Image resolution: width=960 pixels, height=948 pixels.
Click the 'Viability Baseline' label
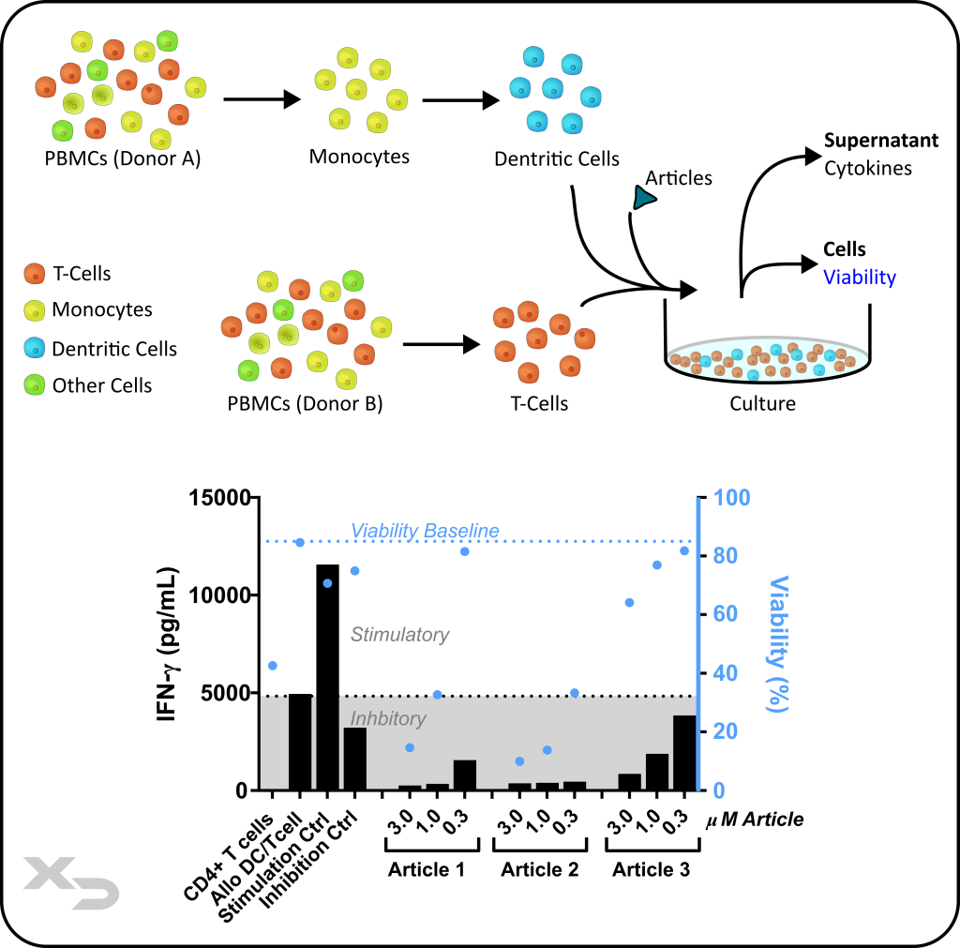tap(425, 531)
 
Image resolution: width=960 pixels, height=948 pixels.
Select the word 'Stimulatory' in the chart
tap(400, 635)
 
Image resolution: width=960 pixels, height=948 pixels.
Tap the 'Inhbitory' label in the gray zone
tap(388, 719)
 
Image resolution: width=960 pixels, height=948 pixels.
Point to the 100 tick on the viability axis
tap(732, 498)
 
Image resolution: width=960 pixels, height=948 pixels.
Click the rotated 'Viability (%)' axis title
tap(778, 643)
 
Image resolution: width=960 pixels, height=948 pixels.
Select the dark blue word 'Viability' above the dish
tap(860, 278)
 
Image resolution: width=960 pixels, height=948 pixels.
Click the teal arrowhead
tap(643, 198)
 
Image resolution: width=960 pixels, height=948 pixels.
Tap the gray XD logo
tap(71, 882)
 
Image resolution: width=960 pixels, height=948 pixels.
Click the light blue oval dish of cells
tap(768, 360)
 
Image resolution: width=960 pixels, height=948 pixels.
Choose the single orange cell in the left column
tap(35, 274)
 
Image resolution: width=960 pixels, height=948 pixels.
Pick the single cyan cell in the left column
tap(35, 348)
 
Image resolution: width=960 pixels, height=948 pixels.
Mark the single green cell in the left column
tap(35, 384)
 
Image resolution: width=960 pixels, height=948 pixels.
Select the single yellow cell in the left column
tap(35, 310)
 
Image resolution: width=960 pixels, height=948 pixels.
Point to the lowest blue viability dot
tap(519, 761)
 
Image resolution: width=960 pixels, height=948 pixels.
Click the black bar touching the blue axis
tap(684, 752)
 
